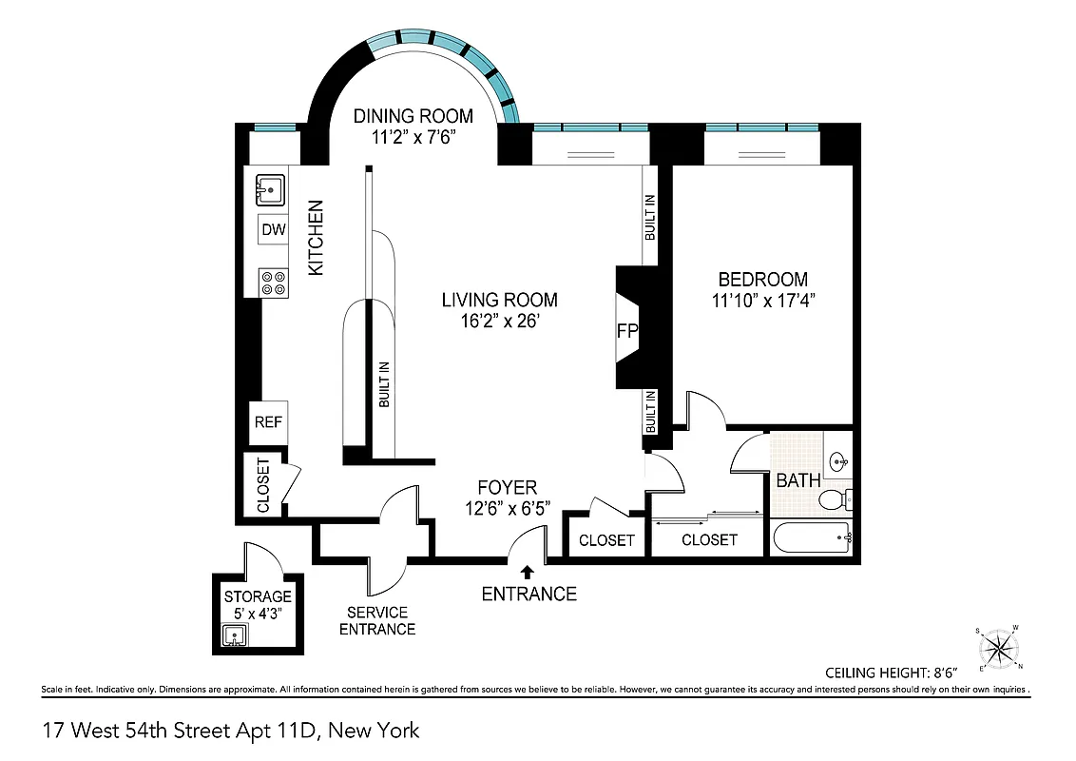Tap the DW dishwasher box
point(274,229)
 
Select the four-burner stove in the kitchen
point(274,283)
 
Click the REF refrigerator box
point(268,421)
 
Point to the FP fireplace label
point(627,331)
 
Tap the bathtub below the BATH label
point(813,539)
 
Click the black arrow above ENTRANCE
point(528,571)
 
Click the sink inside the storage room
point(234,635)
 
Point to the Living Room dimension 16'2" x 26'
point(499,322)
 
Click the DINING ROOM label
point(413,116)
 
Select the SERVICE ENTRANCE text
point(377,620)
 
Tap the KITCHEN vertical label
point(316,238)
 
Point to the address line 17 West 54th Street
point(231,731)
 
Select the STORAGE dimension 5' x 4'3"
point(257,613)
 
